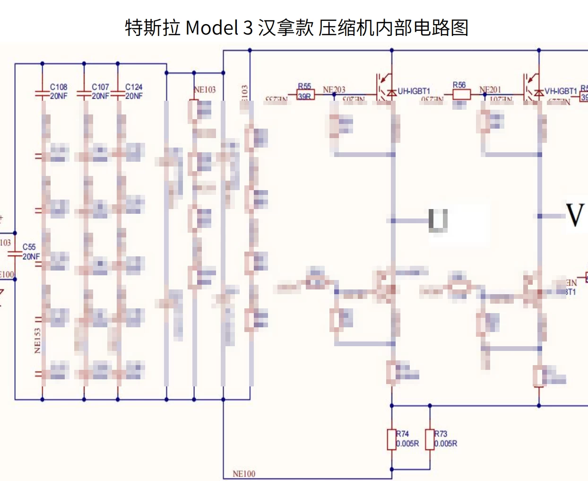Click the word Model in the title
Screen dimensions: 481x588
point(212,28)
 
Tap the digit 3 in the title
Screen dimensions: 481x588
point(248,28)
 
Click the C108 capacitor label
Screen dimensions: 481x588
point(59,87)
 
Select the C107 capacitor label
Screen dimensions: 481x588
point(100,87)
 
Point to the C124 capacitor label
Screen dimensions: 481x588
point(134,87)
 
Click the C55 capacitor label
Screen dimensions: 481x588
point(29,247)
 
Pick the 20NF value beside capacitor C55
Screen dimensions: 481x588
point(31,257)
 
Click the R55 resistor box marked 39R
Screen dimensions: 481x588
point(305,96)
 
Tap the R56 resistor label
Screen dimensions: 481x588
point(459,85)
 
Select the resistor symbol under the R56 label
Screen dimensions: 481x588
point(461,95)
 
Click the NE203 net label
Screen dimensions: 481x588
point(334,89)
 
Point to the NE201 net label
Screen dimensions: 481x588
point(490,89)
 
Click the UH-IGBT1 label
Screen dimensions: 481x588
point(414,91)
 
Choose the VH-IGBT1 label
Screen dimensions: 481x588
point(561,91)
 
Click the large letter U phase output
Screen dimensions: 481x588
point(438,220)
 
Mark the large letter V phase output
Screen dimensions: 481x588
point(575,215)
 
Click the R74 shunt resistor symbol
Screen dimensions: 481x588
point(391,439)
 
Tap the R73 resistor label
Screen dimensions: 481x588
point(441,434)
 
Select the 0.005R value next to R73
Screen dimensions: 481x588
point(446,444)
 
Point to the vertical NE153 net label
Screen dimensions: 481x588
point(37,341)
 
